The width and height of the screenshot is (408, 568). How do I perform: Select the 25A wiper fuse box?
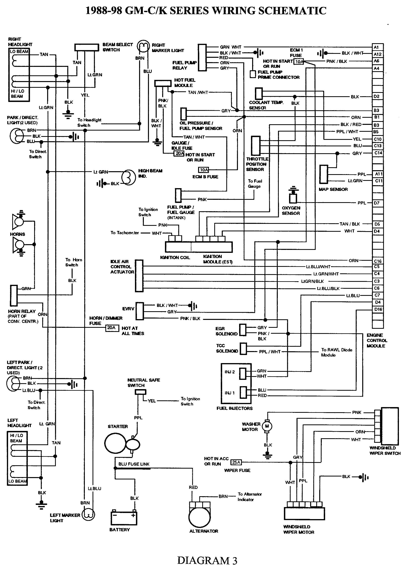236,462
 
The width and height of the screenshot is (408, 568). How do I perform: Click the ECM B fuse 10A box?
204,170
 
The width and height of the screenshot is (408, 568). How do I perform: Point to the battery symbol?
124,518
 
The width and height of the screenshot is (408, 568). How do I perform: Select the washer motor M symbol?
267,426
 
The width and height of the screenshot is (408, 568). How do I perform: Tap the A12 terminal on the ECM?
377,54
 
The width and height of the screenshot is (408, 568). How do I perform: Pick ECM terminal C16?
377,261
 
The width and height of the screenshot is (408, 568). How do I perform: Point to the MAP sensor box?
324,174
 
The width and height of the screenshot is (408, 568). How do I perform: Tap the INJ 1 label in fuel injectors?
229,393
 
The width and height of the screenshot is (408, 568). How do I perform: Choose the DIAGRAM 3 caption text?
207,561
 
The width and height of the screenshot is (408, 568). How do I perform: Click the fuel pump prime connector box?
253,74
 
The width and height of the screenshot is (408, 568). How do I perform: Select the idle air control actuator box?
139,276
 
